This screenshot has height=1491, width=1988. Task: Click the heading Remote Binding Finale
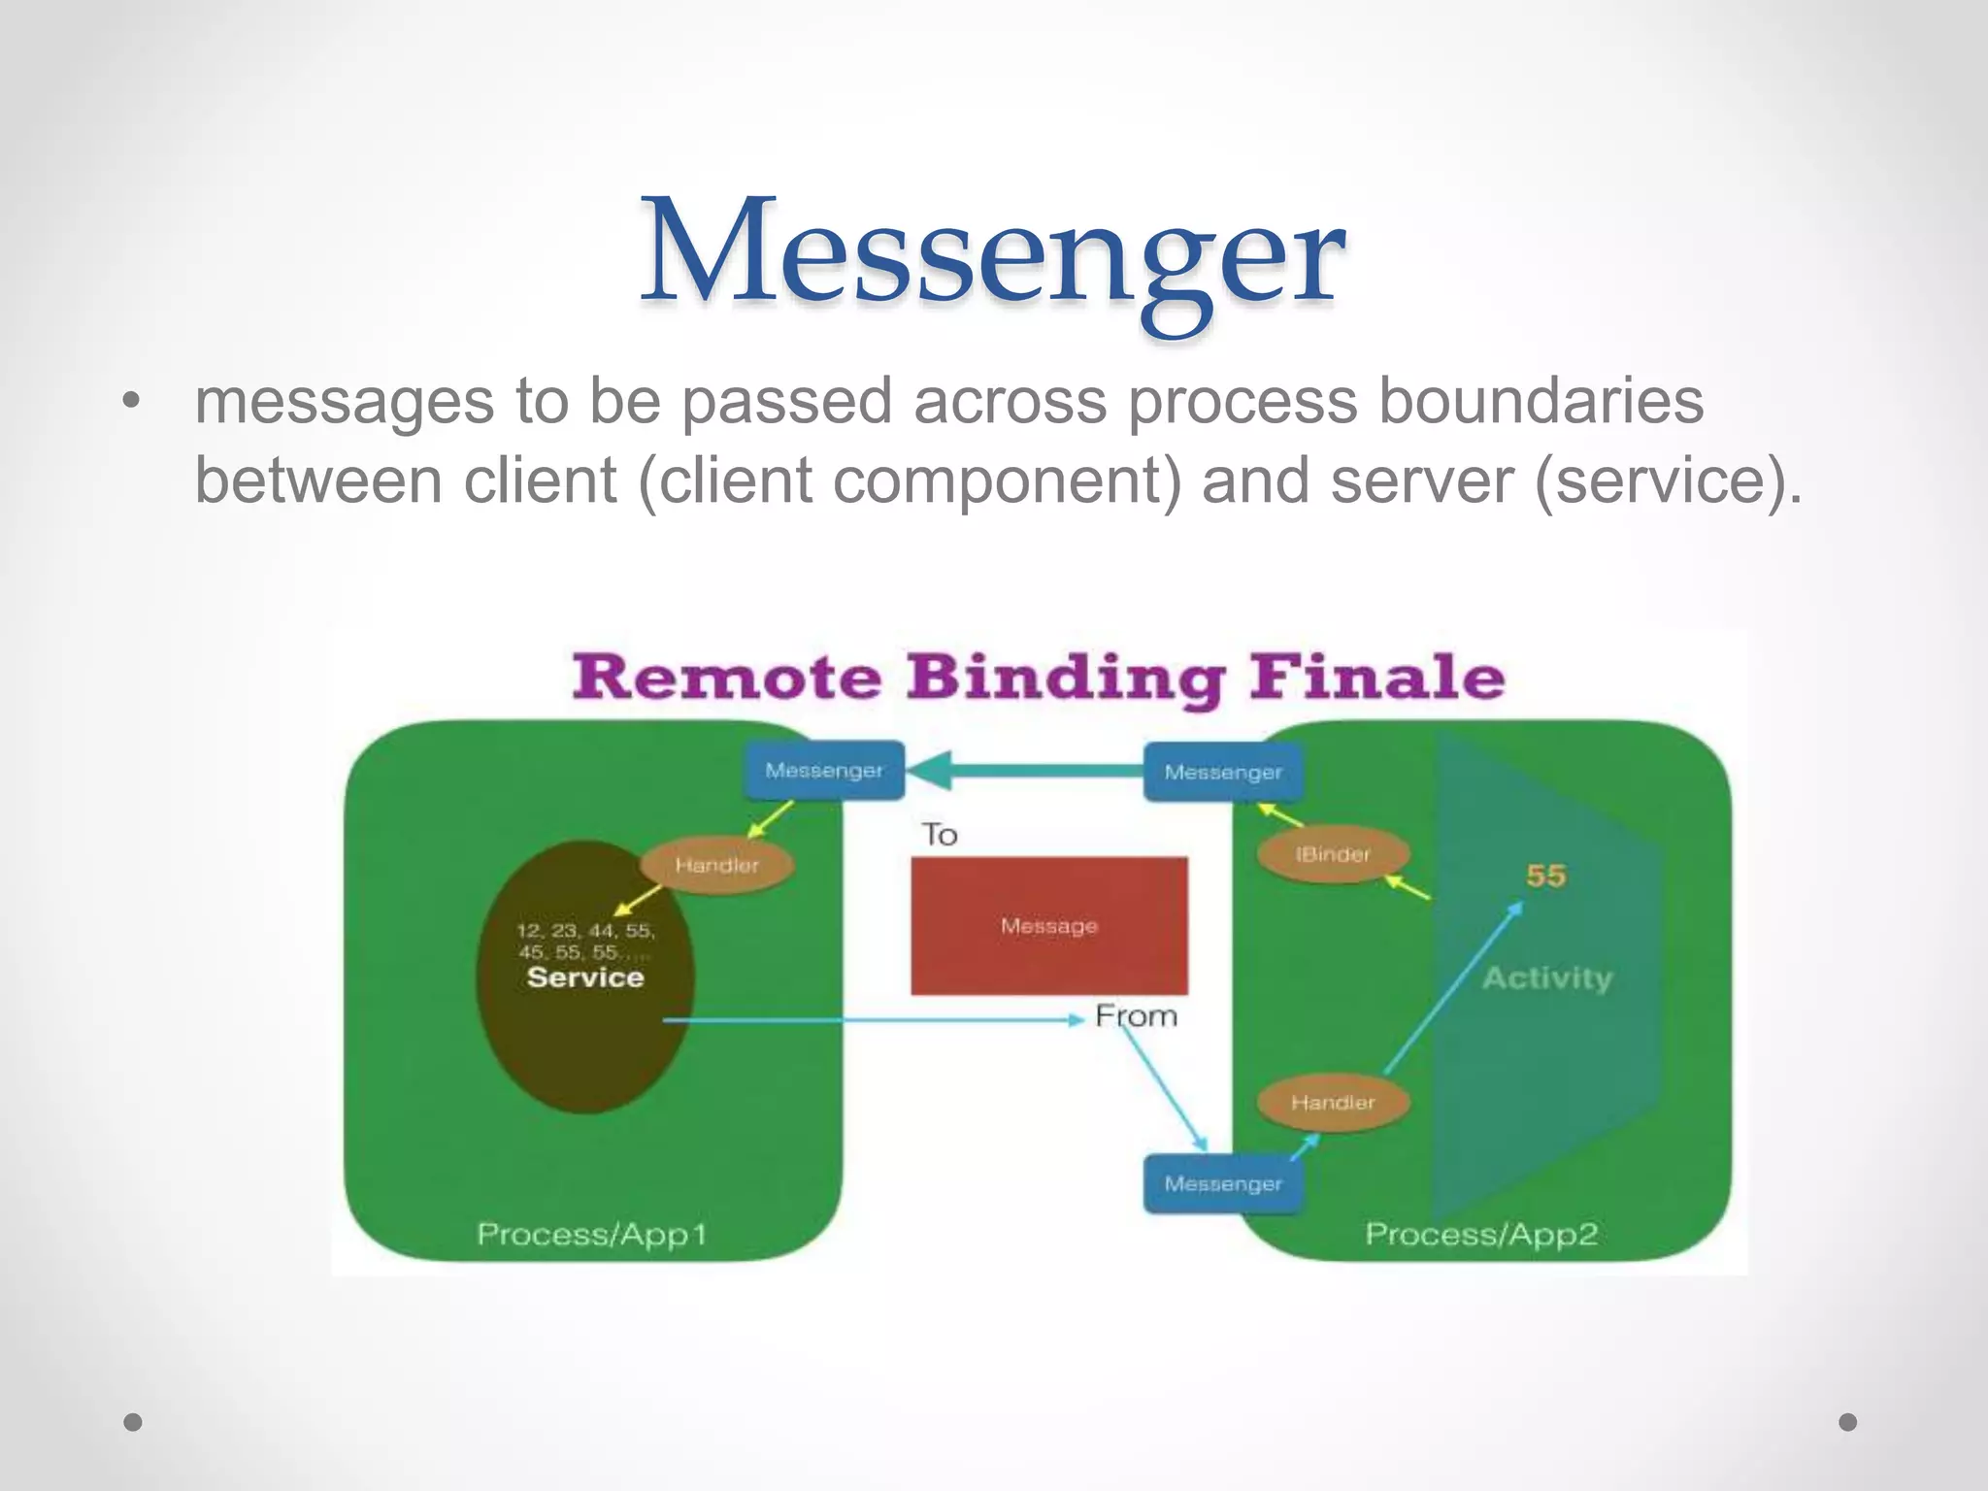1038,677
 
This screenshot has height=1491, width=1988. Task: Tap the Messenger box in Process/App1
824,771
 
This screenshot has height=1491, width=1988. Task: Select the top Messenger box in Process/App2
1223,773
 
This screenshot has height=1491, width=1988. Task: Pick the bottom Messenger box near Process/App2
1223,1183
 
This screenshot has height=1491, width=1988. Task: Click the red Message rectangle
1049,925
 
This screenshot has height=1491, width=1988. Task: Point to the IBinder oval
1333,854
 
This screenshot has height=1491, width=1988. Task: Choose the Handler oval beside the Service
717,865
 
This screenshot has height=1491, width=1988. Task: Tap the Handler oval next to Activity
1333,1103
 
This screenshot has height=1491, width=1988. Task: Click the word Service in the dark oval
585,977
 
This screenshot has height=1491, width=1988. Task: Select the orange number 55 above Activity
1545,876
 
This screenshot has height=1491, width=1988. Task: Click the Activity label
1547,977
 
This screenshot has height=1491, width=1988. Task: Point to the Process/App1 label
592,1235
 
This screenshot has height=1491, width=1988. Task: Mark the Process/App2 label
1481,1235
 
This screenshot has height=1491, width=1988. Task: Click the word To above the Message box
940,835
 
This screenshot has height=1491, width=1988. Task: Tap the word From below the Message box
1136,1016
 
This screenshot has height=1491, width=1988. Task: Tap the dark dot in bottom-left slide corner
133,1422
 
